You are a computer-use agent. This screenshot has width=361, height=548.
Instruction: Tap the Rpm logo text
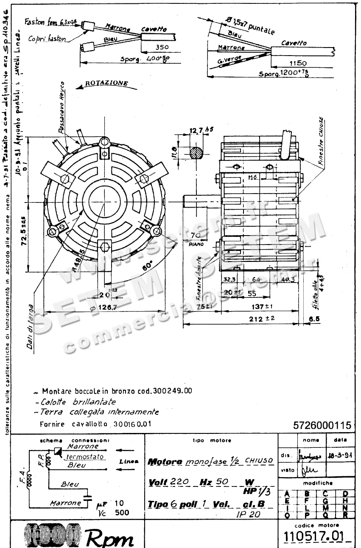click(109, 538)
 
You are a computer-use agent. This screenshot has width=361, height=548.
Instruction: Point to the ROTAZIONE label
click(106, 83)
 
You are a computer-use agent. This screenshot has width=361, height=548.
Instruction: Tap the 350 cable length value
click(151, 47)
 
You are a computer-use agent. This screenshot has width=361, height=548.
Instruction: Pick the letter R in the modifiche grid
click(345, 515)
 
